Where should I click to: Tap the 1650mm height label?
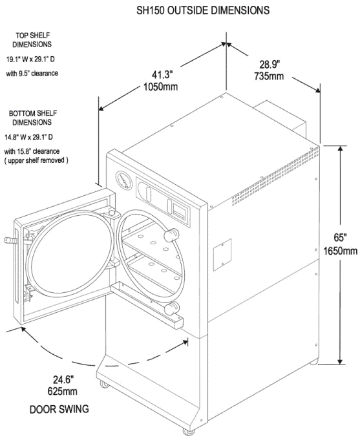[x=336, y=251]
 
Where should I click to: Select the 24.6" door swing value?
[x=64, y=379]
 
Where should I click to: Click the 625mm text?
[x=63, y=391]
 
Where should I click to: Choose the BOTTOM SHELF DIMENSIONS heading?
[x=36, y=118]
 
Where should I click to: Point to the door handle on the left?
[x=11, y=240]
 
